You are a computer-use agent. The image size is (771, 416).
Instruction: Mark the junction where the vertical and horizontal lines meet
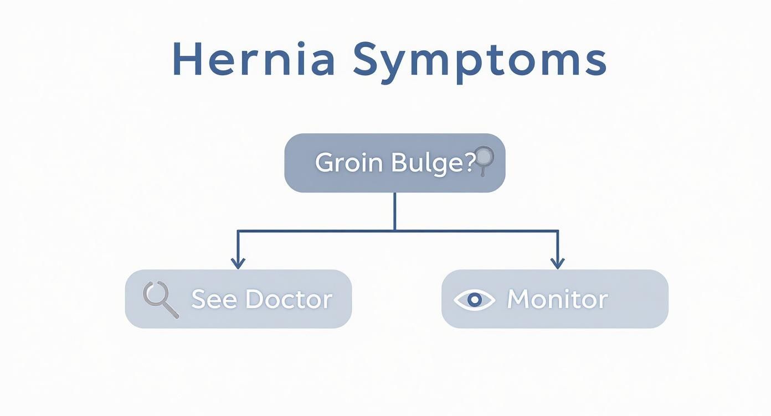pos(394,230)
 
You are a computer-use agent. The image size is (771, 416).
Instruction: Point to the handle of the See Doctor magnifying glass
pos(172,311)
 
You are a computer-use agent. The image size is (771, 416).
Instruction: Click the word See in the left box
pos(214,299)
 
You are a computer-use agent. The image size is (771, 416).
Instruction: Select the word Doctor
pos(289,299)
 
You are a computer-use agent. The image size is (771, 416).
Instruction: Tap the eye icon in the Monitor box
pos(474,299)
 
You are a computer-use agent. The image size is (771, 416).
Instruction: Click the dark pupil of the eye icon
pos(474,299)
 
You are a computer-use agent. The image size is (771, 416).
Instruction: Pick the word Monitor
pos(557,299)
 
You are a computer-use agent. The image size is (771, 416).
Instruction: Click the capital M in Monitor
pos(518,299)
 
